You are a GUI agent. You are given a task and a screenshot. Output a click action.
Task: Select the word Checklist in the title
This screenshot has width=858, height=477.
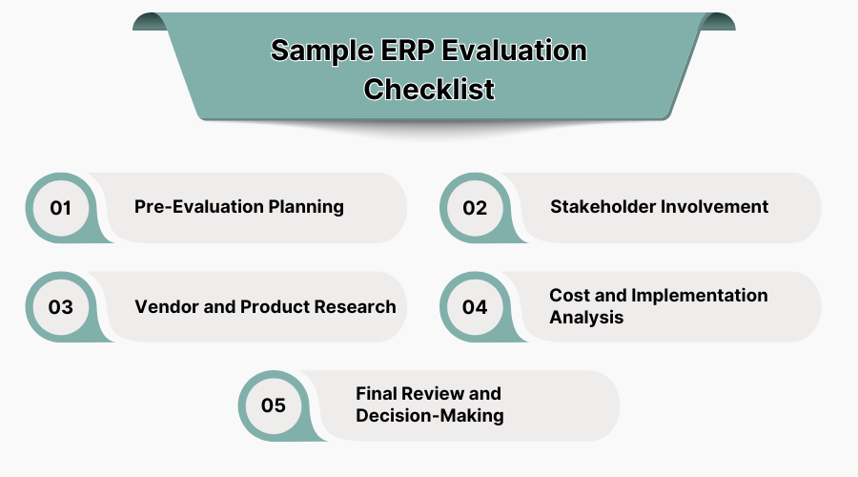point(429,89)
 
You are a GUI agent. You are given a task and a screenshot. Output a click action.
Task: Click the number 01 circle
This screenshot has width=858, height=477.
point(61,207)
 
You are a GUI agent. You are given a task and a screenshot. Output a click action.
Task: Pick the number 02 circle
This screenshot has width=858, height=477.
point(475,207)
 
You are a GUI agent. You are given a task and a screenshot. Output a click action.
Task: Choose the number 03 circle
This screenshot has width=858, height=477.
point(61,306)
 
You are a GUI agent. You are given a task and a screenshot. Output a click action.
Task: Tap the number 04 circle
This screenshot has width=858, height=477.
point(475,306)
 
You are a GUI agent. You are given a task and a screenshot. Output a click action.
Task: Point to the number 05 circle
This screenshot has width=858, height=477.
point(273,405)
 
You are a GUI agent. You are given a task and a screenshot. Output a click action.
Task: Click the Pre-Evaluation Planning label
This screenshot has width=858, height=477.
point(238,207)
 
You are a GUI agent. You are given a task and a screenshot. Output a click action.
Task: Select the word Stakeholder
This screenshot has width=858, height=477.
point(603,207)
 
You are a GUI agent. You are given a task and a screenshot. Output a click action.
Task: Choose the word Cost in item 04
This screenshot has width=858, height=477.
point(569,296)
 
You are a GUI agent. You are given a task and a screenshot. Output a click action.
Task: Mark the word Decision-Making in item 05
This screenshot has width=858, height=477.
point(429,416)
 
